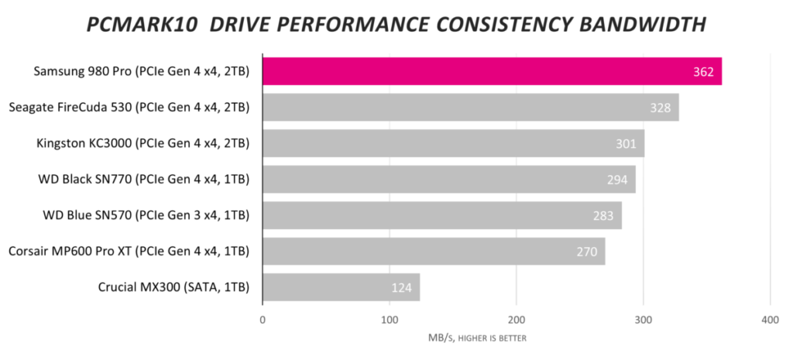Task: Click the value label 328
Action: (661, 108)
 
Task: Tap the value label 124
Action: (402, 288)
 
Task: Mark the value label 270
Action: (587, 252)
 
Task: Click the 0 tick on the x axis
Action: (263, 320)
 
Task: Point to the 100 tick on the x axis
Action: (390, 320)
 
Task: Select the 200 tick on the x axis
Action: (517, 320)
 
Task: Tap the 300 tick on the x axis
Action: (643, 320)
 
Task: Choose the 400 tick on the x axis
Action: (769, 320)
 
